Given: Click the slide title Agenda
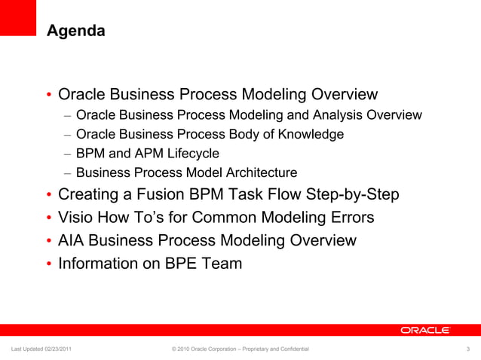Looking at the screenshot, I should tap(75, 31).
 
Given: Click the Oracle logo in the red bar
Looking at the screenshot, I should tap(424, 330).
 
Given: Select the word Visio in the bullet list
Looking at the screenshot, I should tap(75, 218).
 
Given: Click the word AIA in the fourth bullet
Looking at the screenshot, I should tap(72, 241).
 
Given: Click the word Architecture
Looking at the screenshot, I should tap(256, 172).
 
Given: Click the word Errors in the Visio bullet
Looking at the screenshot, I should tap(351, 218).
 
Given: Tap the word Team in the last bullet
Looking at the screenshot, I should tap(224, 264).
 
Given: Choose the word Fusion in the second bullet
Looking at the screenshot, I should tap(146, 194).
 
